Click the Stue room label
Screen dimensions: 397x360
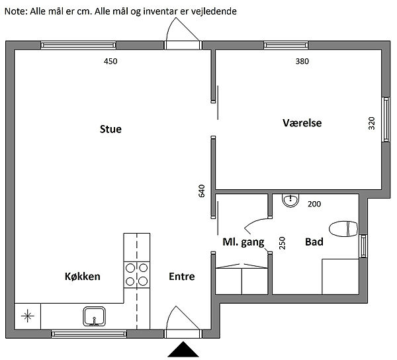(110, 129)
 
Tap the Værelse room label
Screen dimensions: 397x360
(302, 123)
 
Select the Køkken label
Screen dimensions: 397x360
(83, 276)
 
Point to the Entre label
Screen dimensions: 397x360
(182, 277)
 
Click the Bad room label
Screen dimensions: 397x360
(314, 242)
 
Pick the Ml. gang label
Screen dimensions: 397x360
(243, 242)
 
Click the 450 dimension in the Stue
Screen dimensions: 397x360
(110, 62)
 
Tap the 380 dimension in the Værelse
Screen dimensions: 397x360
(302, 62)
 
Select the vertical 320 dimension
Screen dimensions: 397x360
(371, 123)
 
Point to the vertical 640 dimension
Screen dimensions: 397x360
(201, 191)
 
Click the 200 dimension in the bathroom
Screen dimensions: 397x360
(314, 204)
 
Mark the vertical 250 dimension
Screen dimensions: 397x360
(282, 243)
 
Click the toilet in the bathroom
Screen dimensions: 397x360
(343, 229)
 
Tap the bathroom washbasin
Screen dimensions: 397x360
(290, 201)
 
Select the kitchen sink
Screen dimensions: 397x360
(94, 316)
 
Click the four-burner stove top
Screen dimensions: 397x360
(137, 275)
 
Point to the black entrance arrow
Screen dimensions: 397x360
(183, 349)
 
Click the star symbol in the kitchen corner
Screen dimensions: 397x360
(28, 316)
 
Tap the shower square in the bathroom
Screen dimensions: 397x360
(341, 277)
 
